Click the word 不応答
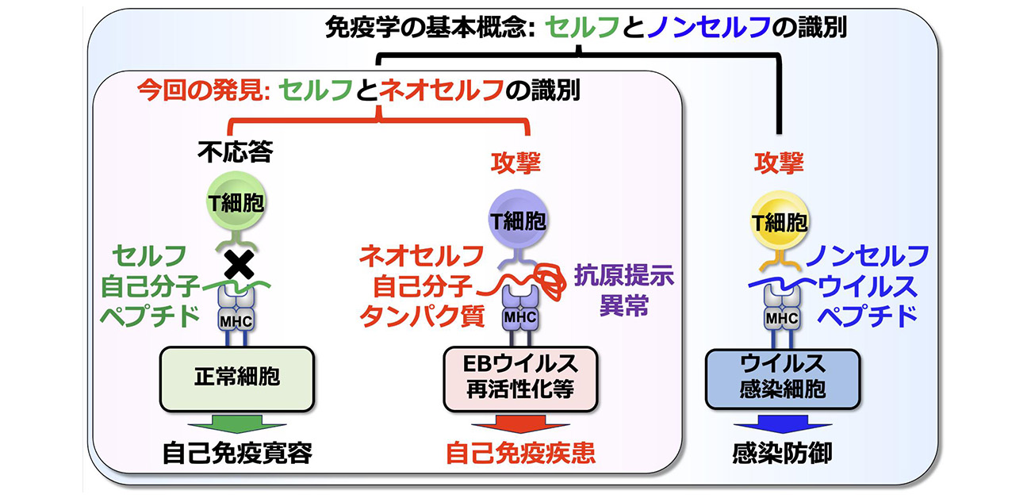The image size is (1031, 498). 236,153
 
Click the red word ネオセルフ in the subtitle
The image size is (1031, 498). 441,90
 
